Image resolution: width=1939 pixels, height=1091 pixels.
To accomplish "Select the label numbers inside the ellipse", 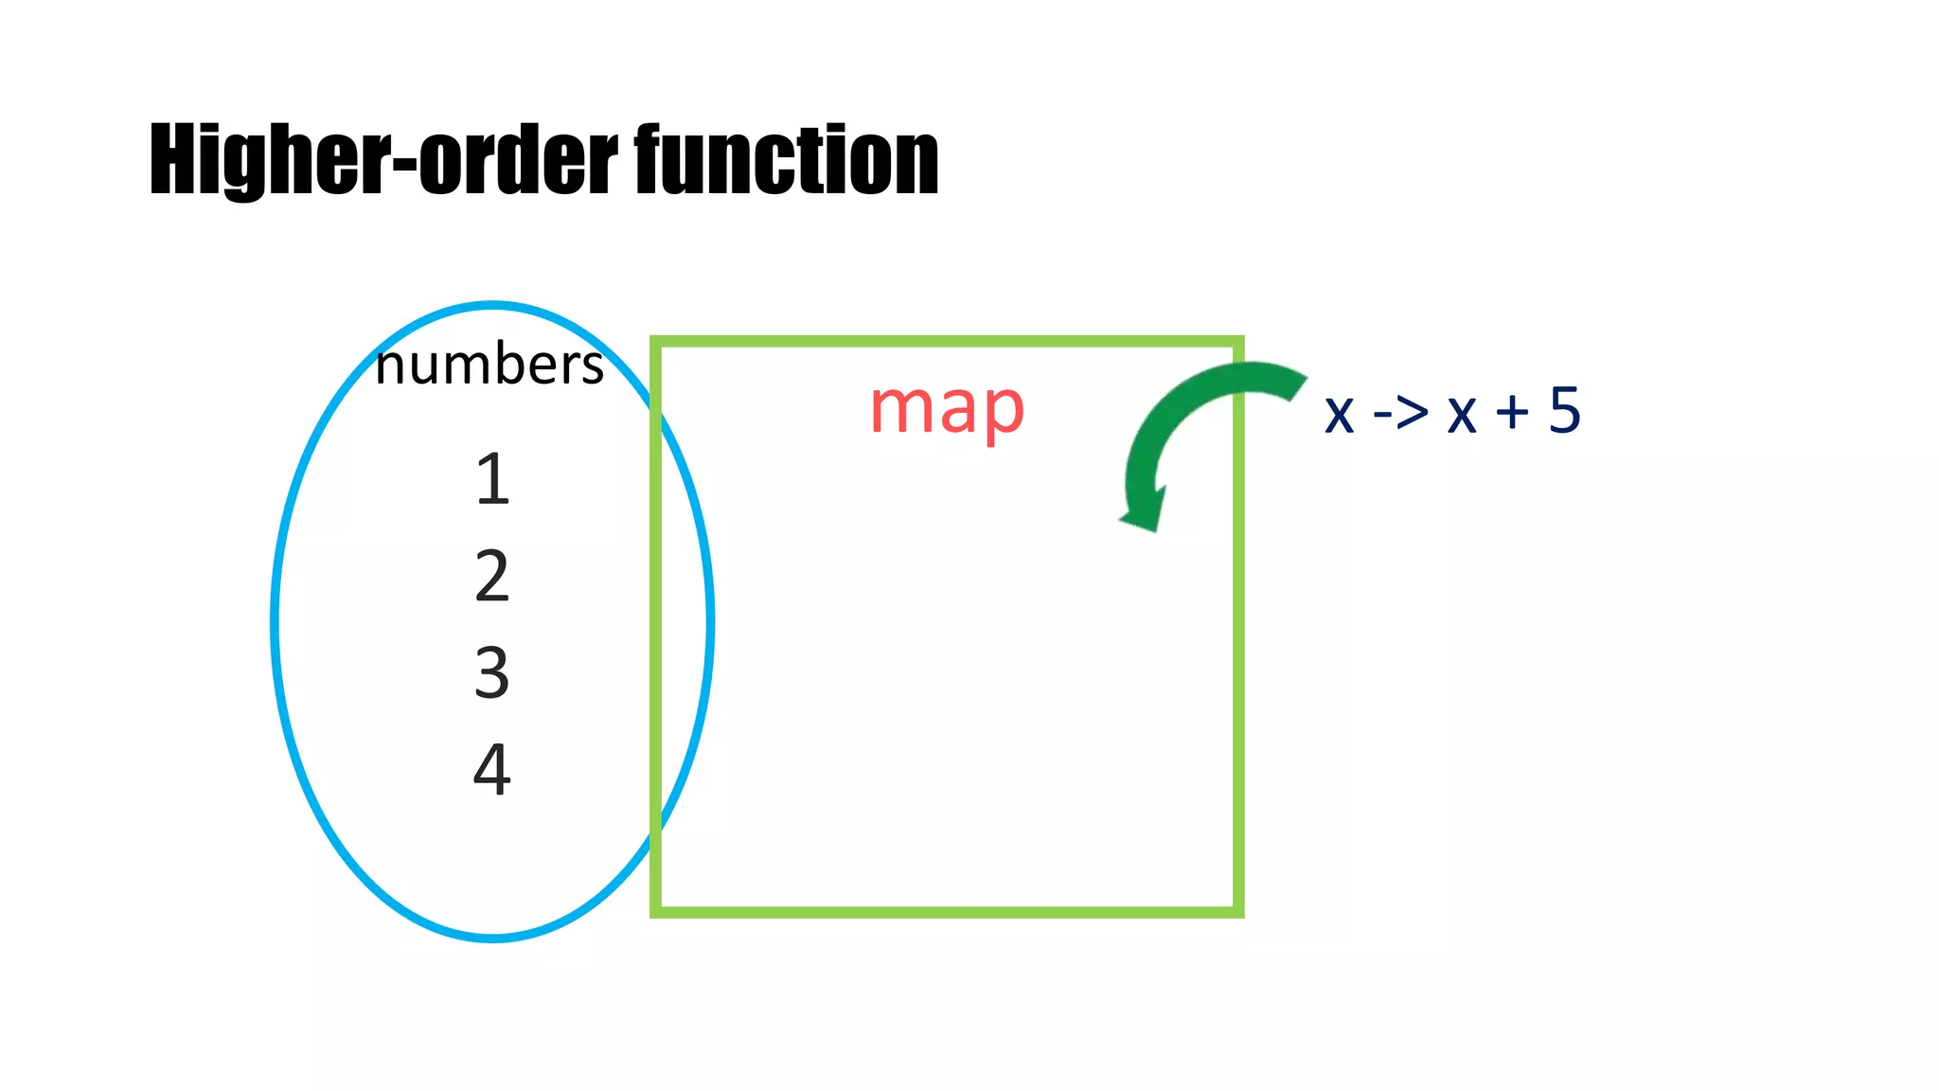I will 489,365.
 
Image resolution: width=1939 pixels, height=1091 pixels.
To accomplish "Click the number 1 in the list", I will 492,479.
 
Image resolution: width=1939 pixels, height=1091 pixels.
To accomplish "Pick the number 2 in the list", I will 492,576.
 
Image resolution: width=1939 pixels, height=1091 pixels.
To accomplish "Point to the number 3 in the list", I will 492,672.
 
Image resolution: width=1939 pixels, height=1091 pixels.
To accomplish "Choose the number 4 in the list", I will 492,768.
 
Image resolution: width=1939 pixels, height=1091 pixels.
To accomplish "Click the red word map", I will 947,409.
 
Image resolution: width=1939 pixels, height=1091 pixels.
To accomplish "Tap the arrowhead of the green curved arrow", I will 1144,516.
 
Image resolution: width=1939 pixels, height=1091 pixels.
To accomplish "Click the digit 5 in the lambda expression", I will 1564,410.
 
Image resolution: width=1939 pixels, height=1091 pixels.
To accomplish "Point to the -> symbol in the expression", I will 1400,413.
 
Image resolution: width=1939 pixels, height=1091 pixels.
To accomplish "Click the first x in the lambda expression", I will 1339,414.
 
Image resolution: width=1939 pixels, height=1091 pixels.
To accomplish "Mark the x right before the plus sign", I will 1462,414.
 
